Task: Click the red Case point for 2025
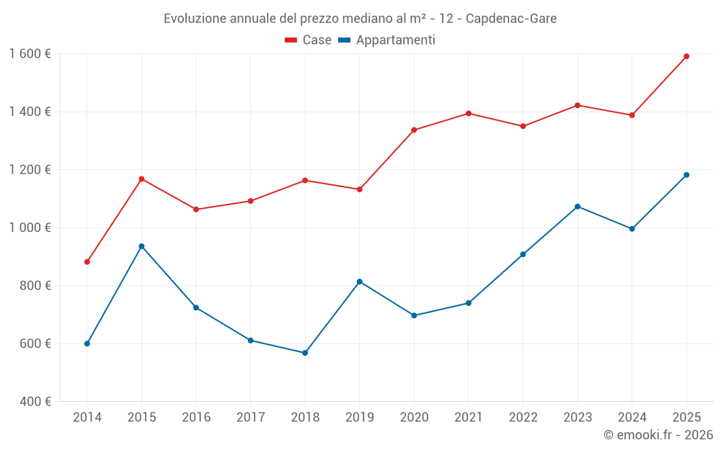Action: [686, 56]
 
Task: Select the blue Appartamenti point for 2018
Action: [305, 353]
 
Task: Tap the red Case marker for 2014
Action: [87, 262]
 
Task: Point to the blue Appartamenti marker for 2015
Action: [141, 246]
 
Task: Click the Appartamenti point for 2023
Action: [578, 207]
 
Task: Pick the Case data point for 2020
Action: [414, 130]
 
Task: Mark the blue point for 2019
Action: [360, 282]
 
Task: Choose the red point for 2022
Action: [523, 126]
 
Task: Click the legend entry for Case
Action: [309, 40]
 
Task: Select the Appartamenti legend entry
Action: [387, 40]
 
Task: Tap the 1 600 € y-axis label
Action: [30, 53]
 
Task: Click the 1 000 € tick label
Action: [30, 228]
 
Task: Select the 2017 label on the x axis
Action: [250, 417]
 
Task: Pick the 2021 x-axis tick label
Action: [469, 417]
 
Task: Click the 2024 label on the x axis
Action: [632, 417]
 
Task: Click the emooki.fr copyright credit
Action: [658, 435]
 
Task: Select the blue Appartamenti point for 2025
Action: [686, 175]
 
